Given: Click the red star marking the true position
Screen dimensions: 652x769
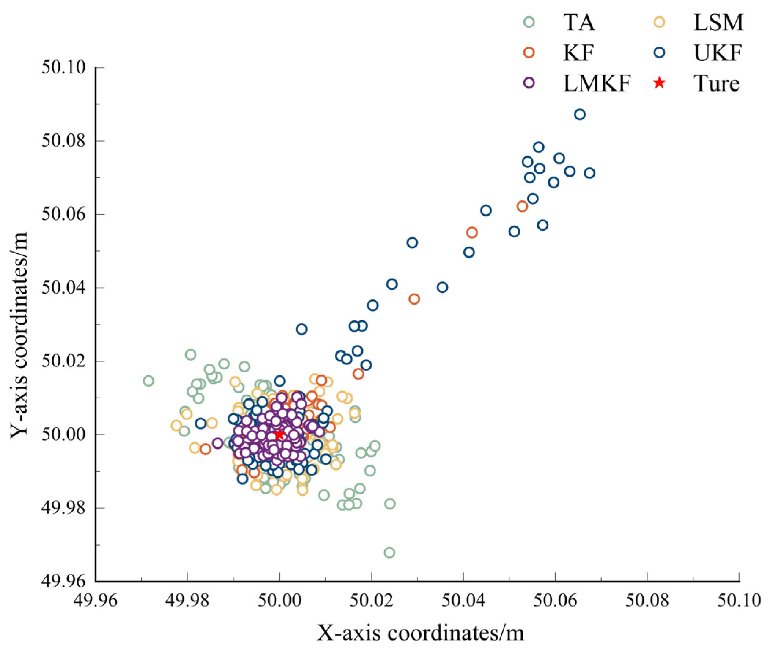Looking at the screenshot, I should pos(280,434).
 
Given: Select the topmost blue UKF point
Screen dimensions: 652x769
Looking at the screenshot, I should pos(580,114).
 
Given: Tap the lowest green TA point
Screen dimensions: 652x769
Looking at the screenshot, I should pos(389,553).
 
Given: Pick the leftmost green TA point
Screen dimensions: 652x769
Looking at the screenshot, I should pos(148,381).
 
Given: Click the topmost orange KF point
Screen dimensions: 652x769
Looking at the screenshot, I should pos(522,207).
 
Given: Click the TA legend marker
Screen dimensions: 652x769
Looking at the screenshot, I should pos(529,22).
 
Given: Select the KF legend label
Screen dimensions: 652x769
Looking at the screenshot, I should pos(578,53).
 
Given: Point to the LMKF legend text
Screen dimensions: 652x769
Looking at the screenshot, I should pos(597,84).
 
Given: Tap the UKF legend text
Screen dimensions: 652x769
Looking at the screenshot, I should pos(718,53).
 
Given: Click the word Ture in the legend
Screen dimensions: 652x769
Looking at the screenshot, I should pos(717,84).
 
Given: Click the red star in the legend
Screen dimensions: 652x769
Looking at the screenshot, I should pos(659,83).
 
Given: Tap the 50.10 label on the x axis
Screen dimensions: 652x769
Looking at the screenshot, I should pos(739,601).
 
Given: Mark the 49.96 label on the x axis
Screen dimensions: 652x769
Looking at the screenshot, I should pos(95,601).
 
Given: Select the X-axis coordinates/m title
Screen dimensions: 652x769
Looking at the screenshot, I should pos(420,634).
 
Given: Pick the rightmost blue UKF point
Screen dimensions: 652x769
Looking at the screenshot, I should pos(590,173).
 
